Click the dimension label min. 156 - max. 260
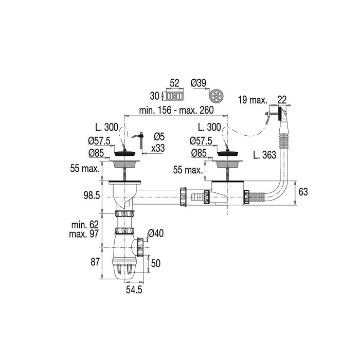[176, 111]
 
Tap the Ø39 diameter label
[199, 83]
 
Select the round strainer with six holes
[218, 96]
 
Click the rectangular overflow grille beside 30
[175, 96]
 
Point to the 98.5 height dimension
[92, 195]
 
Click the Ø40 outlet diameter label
[156, 233]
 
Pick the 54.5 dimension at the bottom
[134, 290]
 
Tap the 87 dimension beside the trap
[95, 262]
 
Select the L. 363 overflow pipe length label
[264, 155]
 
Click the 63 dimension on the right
[303, 192]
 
